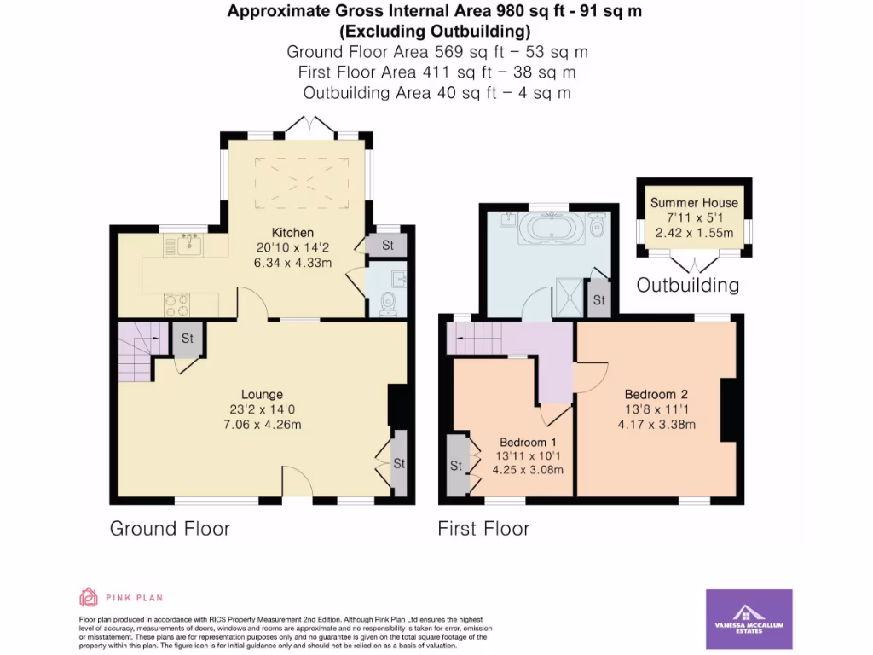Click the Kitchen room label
coord(292,233)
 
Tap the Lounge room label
coord(262,394)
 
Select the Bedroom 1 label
coord(528,442)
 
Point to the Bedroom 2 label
coord(656,394)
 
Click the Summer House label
coord(694,203)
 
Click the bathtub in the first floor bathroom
coord(555,229)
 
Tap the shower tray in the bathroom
coord(569,293)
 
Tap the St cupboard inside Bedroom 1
coord(456,466)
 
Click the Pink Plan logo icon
coord(89,597)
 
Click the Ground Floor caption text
coord(170,529)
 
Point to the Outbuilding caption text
coord(688,285)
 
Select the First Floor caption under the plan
coord(483,529)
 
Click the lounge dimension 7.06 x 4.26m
coord(262,424)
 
